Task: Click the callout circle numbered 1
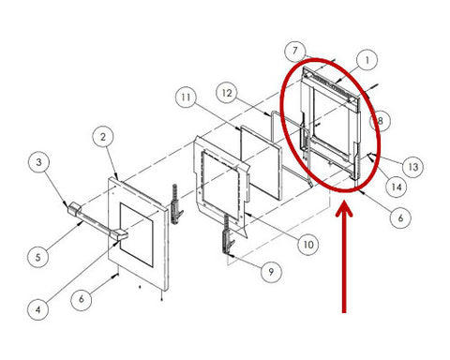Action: click(x=367, y=60)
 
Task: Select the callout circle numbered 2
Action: click(x=103, y=137)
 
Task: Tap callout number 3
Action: click(x=38, y=162)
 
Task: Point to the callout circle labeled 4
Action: click(x=37, y=309)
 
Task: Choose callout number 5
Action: click(x=38, y=257)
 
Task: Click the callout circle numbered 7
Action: click(x=295, y=51)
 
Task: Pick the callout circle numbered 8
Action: click(x=380, y=121)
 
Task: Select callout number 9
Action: click(x=271, y=272)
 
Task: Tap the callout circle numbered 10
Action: click(x=308, y=245)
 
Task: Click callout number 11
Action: click(x=187, y=97)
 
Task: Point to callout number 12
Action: click(x=227, y=93)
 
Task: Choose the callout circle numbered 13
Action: click(x=413, y=167)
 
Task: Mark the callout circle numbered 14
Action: click(x=397, y=187)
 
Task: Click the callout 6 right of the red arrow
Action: click(x=401, y=217)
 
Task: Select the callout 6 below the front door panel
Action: click(x=82, y=299)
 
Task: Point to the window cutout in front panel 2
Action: click(x=137, y=235)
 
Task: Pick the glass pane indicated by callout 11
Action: click(x=261, y=162)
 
